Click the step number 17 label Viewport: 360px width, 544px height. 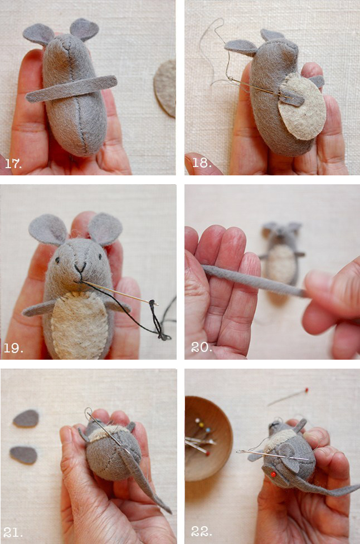(13, 163)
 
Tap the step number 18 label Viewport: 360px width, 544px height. (202, 163)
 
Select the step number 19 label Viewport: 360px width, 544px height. (13, 348)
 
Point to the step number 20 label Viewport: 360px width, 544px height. (201, 347)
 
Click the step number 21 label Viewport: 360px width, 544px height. (13, 532)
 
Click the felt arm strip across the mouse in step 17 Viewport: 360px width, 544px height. (71, 89)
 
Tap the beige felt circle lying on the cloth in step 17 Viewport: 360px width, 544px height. (166, 88)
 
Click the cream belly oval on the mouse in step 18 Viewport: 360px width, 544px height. (301, 106)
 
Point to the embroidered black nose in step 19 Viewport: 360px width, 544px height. (80, 267)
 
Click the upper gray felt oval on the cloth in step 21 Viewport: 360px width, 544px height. (26, 418)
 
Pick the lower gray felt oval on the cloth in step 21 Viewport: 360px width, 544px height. (23, 455)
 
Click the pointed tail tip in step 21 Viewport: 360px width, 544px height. (171, 512)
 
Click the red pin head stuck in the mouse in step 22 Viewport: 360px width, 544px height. (273, 474)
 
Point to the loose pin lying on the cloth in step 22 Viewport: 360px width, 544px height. (288, 396)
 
